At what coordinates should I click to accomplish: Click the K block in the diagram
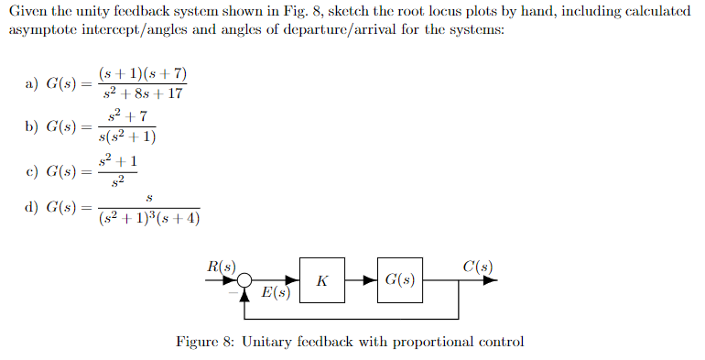pos(322,280)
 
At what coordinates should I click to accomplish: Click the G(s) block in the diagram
pos(400,280)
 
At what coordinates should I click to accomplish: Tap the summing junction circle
pos(244,281)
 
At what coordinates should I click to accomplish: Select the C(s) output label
pos(478,267)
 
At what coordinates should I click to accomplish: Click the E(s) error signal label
pos(276,293)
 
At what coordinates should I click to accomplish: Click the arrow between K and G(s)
pos(361,280)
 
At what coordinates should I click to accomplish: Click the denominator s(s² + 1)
pos(127,137)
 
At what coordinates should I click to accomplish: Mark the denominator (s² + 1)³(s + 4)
pos(149,218)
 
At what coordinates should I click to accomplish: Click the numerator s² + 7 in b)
pos(127,116)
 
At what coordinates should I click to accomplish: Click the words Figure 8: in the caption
pos(208,342)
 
